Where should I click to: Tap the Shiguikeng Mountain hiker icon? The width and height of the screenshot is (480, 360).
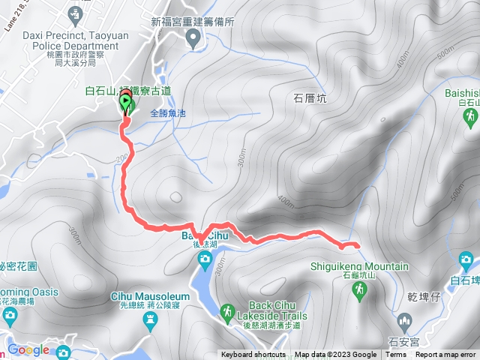(361, 289)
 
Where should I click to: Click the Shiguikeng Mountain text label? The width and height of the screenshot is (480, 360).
(359, 266)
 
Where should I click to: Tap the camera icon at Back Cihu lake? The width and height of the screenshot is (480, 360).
(205, 259)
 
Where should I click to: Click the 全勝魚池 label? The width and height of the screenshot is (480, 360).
(167, 113)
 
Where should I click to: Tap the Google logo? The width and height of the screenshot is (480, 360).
(28, 349)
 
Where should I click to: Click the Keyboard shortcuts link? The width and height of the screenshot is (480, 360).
(253, 355)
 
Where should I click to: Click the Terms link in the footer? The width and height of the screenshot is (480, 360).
(396, 355)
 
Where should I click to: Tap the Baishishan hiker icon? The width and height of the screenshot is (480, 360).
(470, 118)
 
